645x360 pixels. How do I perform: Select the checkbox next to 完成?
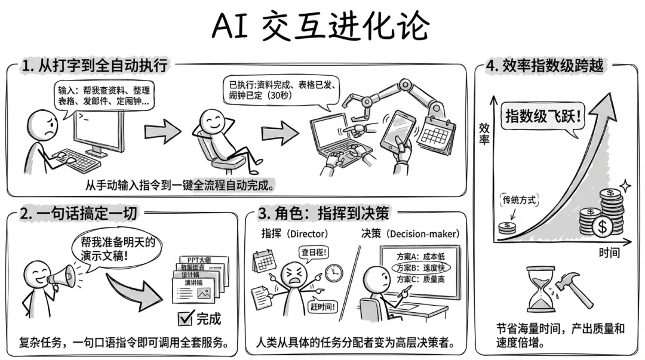point(186,317)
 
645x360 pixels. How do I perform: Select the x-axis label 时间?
point(609,253)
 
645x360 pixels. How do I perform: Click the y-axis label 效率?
point(485,133)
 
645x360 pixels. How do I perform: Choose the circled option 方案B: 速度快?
point(420,267)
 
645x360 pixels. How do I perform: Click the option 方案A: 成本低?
point(420,256)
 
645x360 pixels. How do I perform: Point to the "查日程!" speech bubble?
point(313,253)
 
